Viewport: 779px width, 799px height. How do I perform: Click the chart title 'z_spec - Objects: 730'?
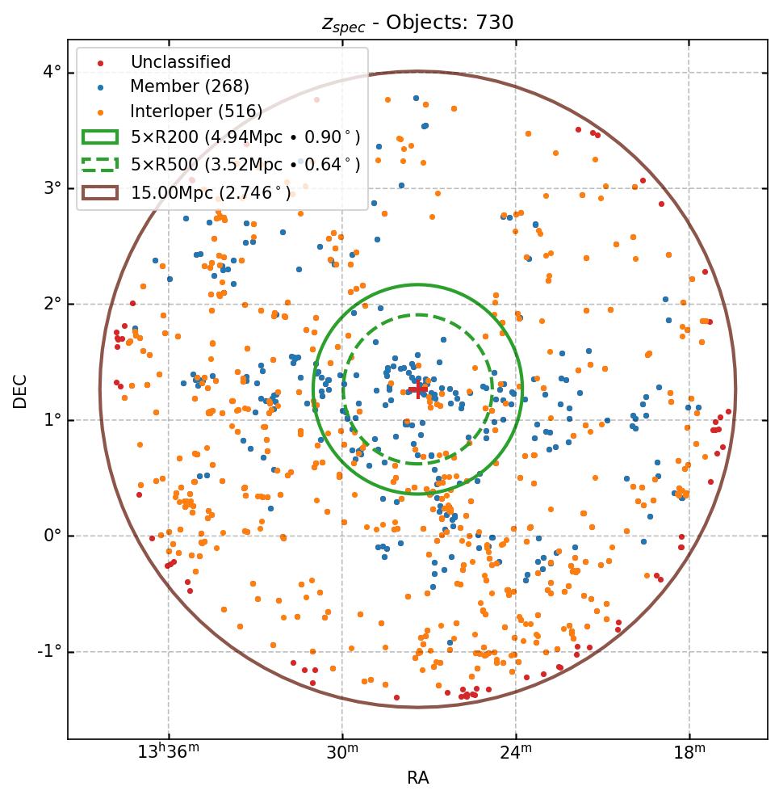coord(417,22)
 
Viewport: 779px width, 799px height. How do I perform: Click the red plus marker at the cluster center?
coord(418,390)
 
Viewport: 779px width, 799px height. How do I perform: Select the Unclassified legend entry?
coord(180,62)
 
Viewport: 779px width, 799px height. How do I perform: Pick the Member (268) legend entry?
coord(190,86)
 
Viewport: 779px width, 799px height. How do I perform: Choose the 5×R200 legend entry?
coord(245,137)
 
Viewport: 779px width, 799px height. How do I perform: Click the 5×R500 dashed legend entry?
coord(245,165)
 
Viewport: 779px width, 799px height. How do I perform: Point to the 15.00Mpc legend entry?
coord(211,192)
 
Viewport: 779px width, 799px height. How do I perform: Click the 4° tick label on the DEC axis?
coord(52,73)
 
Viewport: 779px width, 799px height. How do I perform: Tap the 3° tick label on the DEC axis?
coord(52,188)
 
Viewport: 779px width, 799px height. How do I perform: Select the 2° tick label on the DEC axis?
coord(52,304)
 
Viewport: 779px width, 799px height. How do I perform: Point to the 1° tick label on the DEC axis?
coord(52,420)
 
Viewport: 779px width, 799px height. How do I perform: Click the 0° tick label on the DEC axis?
coord(52,536)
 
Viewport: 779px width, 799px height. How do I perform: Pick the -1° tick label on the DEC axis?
coord(49,651)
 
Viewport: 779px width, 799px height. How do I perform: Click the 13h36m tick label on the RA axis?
coord(168,753)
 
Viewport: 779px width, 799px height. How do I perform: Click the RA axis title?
coord(417,778)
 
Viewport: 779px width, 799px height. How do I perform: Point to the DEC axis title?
coord(19,390)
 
